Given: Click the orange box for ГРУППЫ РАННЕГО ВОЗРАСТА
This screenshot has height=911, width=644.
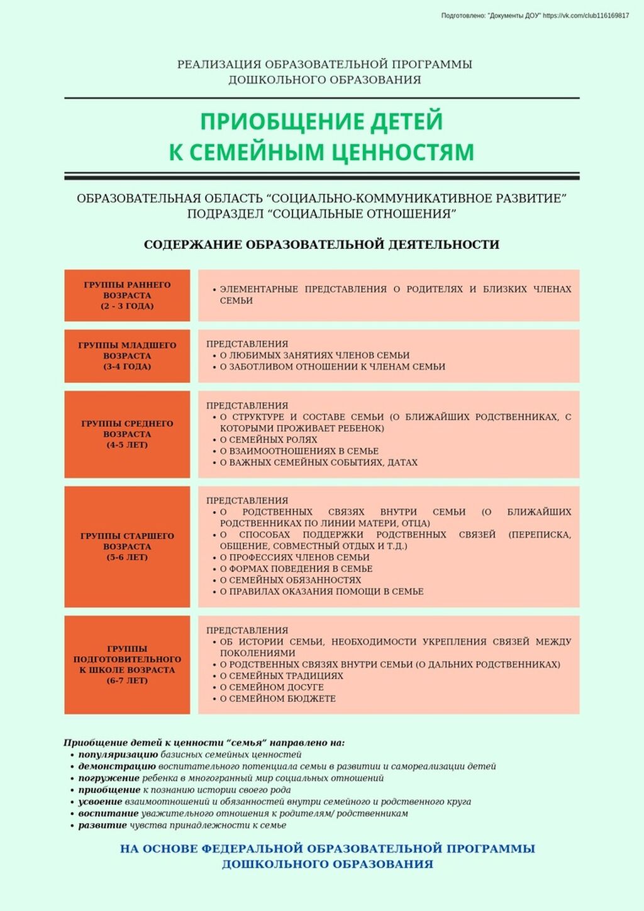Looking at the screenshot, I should (x=127, y=295).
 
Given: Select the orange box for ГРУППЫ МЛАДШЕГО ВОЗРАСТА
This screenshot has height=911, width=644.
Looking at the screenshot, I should (x=127, y=356).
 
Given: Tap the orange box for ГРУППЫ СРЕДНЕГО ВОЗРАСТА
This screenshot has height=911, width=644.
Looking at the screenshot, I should (x=127, y=434).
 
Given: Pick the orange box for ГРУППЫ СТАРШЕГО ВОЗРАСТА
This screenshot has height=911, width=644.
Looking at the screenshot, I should (x=127, y=546).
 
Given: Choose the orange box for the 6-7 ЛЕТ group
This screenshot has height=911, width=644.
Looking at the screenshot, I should (x=127, y=665).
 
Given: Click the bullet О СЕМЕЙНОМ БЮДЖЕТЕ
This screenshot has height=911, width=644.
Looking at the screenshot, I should (x=277, y=698).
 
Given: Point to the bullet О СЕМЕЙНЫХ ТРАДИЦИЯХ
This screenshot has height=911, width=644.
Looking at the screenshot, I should (x=281, y=676).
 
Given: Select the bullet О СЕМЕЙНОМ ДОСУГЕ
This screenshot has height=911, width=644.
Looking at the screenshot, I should (x=271, y=687).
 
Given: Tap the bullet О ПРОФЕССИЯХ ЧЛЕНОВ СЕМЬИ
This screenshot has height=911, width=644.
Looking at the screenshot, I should (x=294, y=557).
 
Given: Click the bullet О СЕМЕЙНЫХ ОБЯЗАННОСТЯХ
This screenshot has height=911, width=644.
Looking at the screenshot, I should (x=290, y=580).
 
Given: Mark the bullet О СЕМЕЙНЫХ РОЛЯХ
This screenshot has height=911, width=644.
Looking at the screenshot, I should (x=268, y=439).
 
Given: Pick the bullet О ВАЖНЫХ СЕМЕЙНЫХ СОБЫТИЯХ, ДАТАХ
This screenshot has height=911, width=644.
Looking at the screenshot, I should (x=318, y=462).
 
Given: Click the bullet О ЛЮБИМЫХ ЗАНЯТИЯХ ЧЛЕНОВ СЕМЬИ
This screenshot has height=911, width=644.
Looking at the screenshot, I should (x=314, y=355).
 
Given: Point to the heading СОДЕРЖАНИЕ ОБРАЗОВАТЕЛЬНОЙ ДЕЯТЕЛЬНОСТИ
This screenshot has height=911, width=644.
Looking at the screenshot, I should (x=321, y=245).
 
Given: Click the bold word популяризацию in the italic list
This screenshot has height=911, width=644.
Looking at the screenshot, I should (x=118, y=754).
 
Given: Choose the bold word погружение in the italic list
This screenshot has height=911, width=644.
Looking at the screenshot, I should (x=109, y=778).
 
